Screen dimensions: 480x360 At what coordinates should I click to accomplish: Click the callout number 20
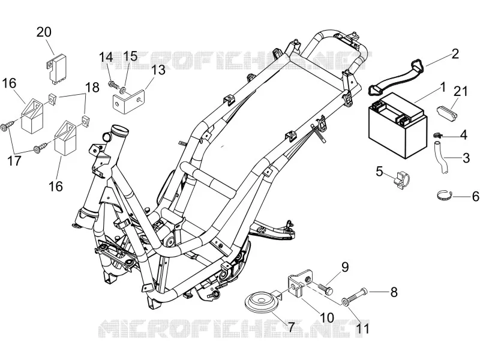(x=44, y=32)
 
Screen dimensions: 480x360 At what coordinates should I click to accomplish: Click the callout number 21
(x=460, y=91)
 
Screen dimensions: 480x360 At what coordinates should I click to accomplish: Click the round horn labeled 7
(x=262, y=300)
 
